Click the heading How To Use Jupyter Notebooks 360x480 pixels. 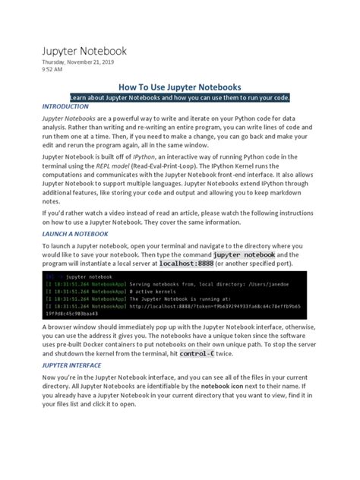[179, 87]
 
